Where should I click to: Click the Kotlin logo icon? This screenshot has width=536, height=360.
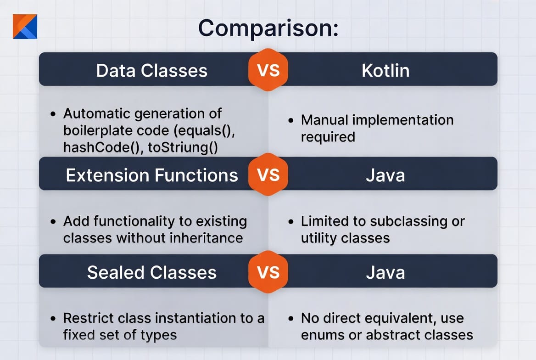(25, 26)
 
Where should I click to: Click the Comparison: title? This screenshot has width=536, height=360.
(268, 28)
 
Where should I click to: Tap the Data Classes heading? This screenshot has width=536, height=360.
(152, 71)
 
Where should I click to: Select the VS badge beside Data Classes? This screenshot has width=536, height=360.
(268, 70)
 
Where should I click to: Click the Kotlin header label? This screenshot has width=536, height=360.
(385, 71)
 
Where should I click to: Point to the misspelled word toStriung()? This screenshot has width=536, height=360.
(183, 147)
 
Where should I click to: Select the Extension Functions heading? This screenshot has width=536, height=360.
(152, 175)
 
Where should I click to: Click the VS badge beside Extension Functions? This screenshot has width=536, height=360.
(268, 174)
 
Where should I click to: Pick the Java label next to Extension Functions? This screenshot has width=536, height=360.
(385, 175)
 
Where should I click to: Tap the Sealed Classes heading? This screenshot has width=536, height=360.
(152, 272)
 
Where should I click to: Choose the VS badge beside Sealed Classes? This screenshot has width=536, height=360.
(268, 272)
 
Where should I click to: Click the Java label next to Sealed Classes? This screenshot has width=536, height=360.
(385, 272)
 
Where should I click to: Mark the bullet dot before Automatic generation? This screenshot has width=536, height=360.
(53, 114)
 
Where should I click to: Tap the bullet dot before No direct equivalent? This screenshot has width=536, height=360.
(291, 319)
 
